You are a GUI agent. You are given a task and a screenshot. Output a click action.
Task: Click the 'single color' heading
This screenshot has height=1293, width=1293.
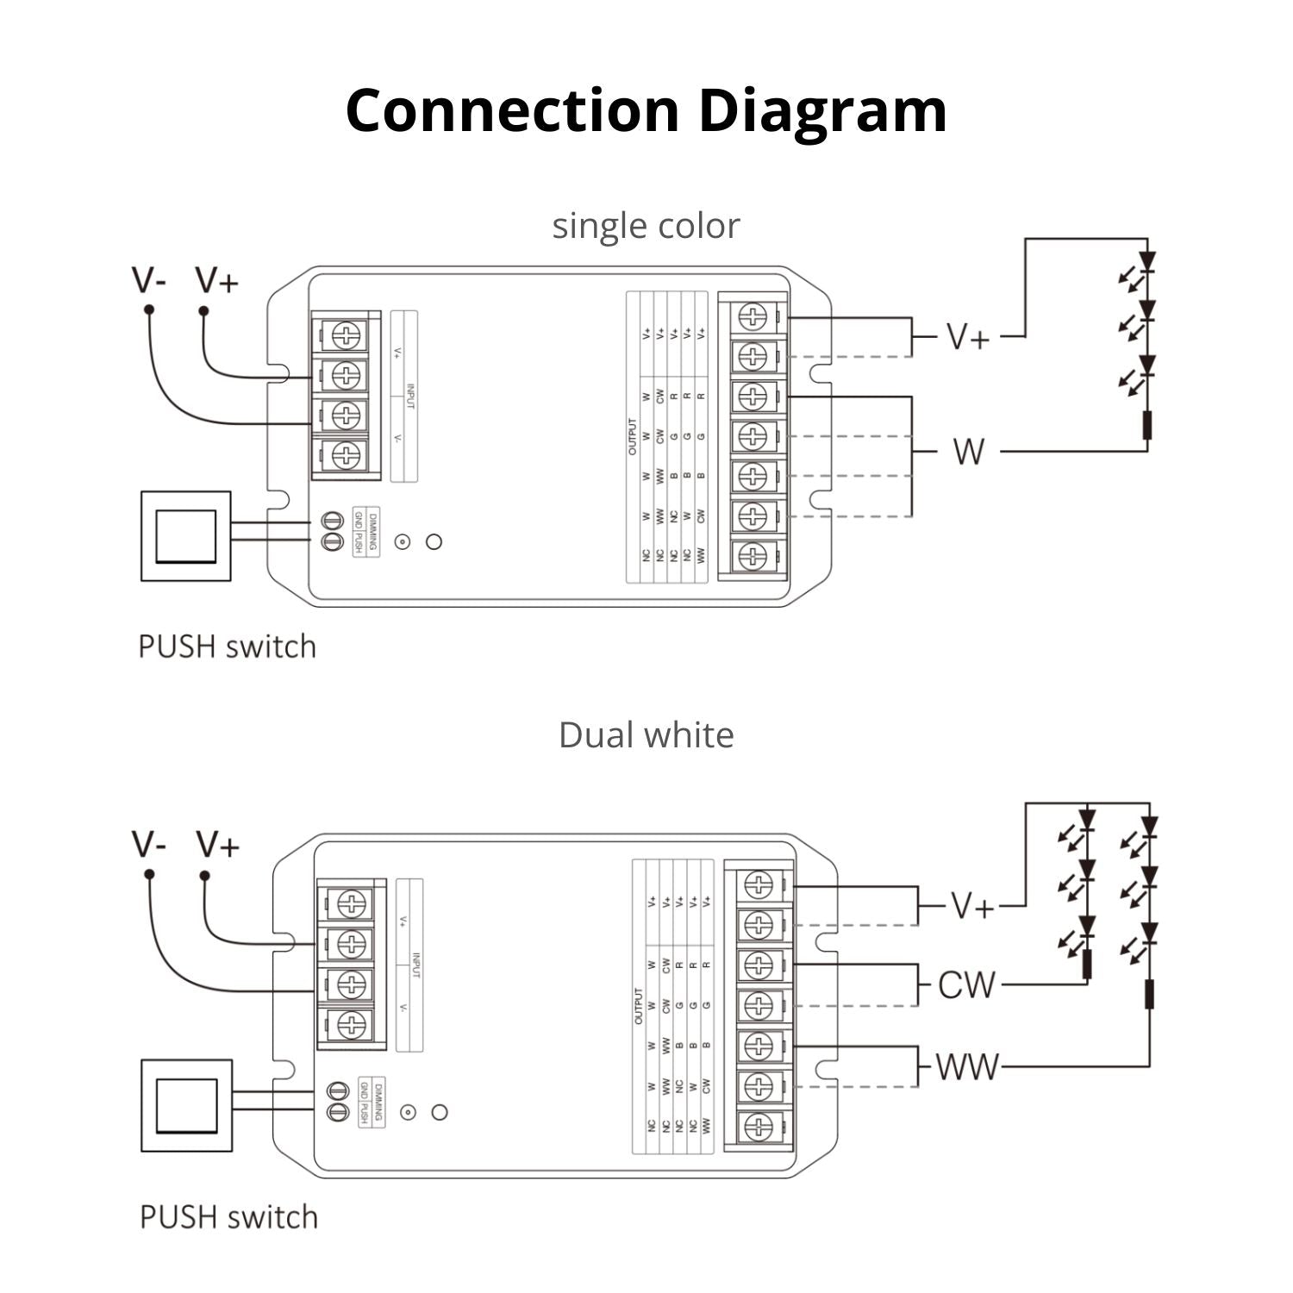pos(646,226)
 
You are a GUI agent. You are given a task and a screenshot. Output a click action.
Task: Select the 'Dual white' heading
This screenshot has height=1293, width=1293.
pos(646,735)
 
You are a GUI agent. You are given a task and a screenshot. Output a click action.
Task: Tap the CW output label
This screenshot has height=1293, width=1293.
pos(965,985)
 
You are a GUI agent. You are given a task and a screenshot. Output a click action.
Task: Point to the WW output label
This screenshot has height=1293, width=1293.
pos(966,1067)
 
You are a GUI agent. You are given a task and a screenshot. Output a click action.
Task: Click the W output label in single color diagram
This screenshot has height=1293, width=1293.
pos(968,451)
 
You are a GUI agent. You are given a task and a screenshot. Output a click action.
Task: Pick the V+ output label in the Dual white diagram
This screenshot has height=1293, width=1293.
pos(972,906)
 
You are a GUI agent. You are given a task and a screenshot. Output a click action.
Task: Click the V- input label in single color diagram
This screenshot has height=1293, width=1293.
pos(149,280)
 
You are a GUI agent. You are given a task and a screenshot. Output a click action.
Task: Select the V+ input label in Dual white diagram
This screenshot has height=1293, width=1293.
pos(216,845)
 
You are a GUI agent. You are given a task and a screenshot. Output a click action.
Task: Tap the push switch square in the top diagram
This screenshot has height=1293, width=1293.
pos(185,535)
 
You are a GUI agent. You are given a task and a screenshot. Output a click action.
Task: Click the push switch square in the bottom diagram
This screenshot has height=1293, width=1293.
pos(186,1105)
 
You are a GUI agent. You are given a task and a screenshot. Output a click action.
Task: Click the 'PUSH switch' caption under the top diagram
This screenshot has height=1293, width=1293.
pos(228,646)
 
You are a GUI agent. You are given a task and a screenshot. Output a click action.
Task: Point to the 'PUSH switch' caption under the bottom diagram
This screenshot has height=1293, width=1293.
pos(228,1217)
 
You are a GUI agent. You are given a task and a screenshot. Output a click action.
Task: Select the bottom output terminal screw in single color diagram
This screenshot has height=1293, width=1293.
pos(753,555)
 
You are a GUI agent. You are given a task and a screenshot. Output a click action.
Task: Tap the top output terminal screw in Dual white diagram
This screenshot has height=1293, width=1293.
pos(758,884)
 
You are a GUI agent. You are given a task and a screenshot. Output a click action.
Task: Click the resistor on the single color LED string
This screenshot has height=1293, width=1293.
pos(1146,425)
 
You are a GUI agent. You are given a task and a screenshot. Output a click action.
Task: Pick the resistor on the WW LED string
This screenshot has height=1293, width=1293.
pos(1149,993)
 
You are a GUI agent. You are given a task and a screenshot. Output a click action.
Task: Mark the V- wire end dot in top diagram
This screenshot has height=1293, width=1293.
pos(149,309)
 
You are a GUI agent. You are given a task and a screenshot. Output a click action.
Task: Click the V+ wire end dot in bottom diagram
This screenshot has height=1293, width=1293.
pos(204,875)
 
